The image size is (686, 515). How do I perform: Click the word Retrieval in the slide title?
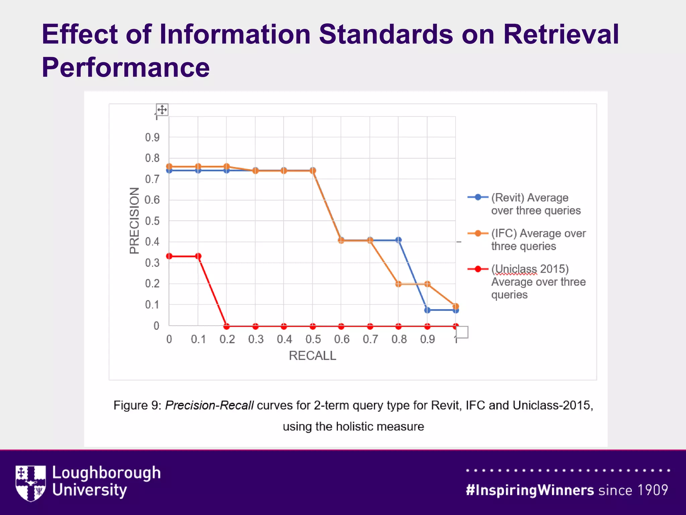(561, 34)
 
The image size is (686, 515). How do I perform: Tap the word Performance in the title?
(126, 68)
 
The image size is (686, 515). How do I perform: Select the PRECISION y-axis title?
(134, 221)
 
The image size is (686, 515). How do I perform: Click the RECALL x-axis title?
(312, 356)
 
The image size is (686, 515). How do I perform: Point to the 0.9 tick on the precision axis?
(152, 137)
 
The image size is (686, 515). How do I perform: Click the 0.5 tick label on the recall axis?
(313, 339)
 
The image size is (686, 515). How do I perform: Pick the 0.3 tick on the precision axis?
(152, 263)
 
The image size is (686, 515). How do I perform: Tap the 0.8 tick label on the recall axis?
(399, 339)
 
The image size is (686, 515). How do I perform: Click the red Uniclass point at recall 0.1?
(198, 256)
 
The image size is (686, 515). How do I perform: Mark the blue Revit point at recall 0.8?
(398, 240)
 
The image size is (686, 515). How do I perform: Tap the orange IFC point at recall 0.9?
(427, 284)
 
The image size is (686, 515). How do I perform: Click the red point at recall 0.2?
(227, 326)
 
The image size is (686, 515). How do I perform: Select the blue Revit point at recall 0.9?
(427, 310)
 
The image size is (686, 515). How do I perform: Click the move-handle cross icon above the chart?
(162, 110)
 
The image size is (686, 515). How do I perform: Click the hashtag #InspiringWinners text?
(530, 490)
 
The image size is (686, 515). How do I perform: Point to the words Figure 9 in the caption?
(137, 405)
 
